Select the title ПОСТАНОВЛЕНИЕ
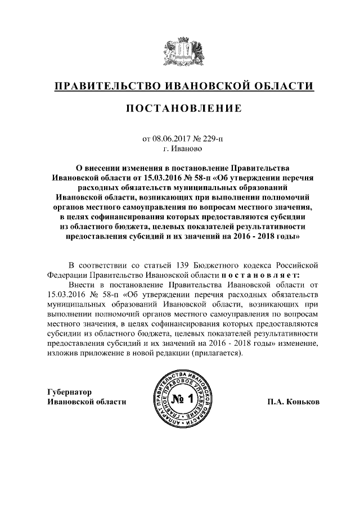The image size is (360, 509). point(179,109)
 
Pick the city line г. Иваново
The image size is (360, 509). point(179,150)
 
